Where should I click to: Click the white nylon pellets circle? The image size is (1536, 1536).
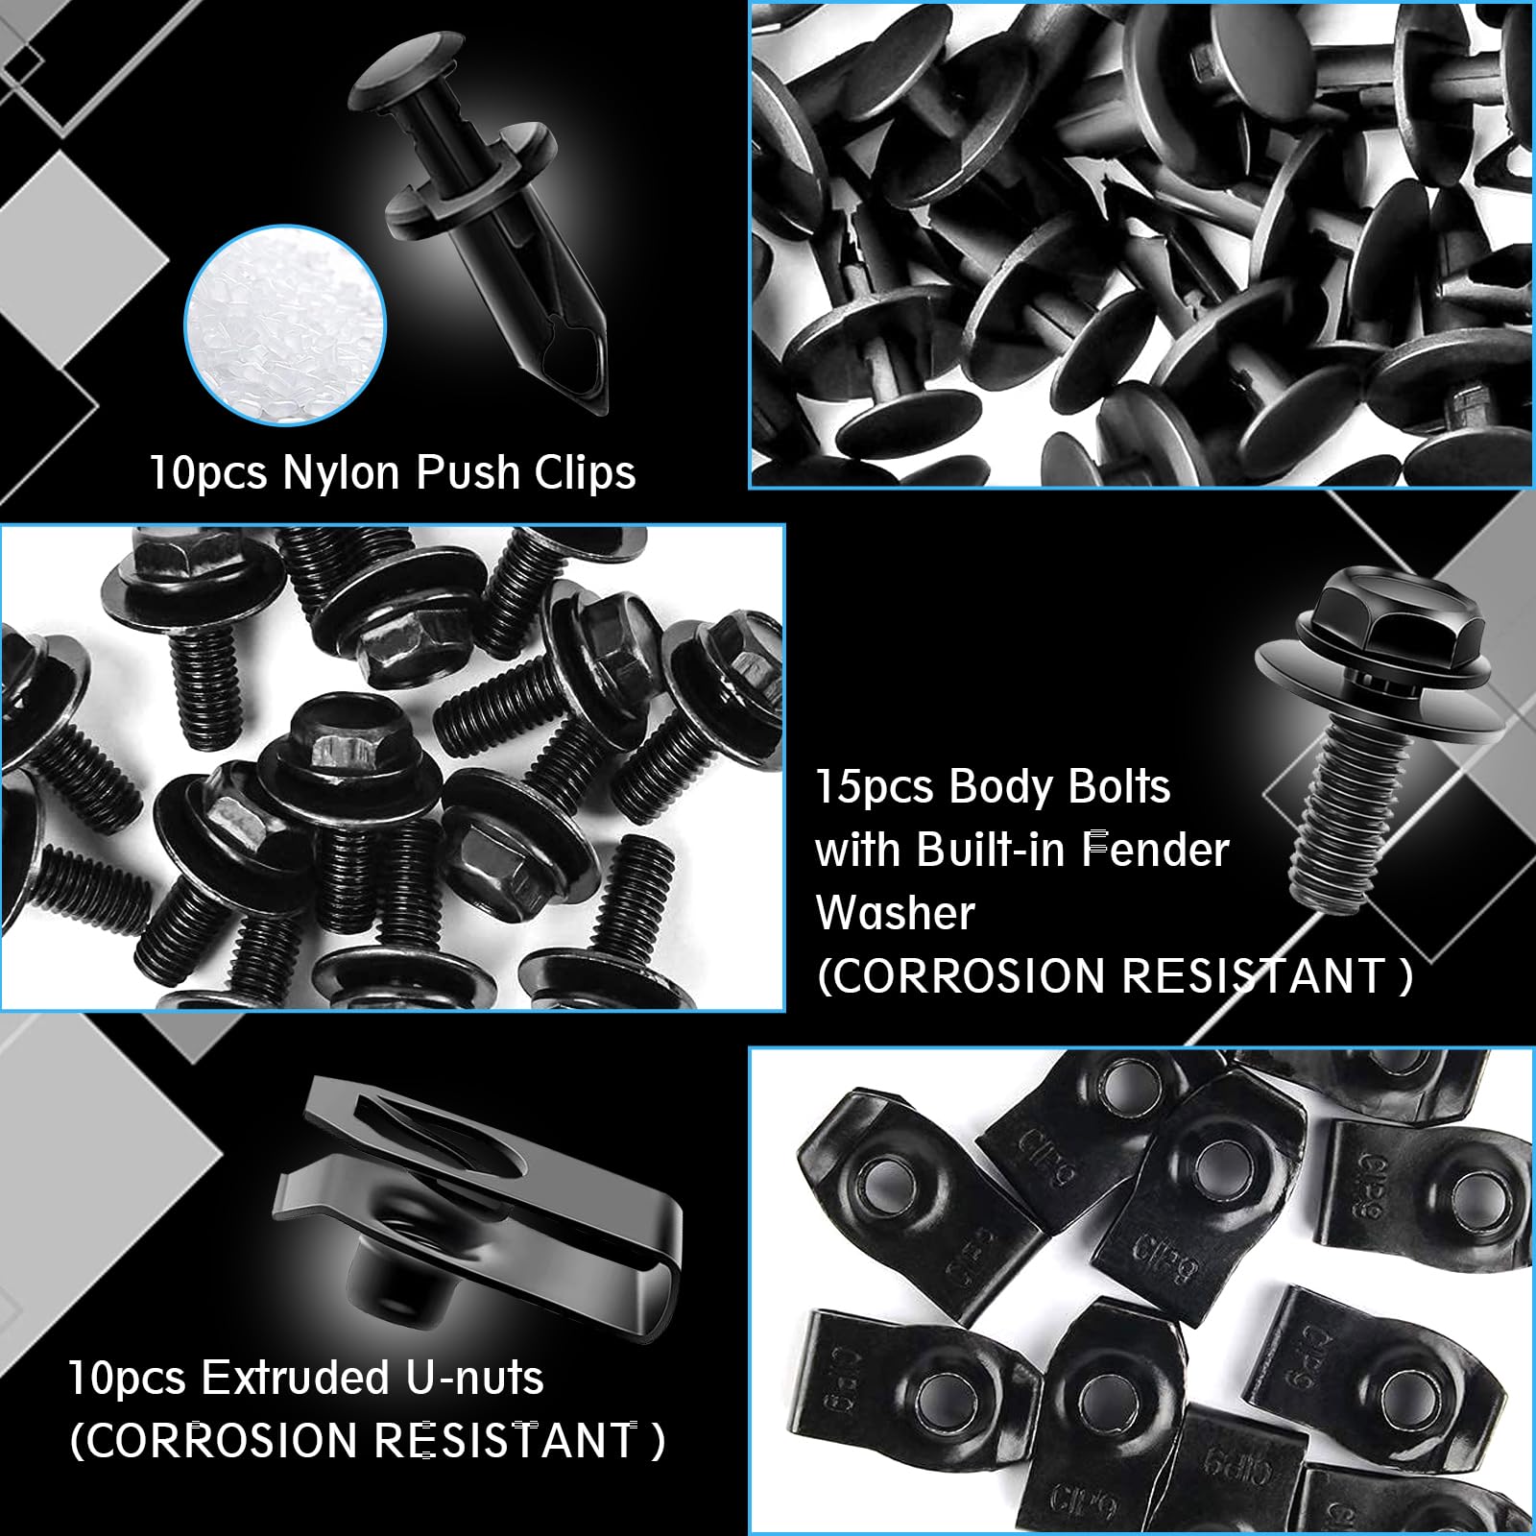285,325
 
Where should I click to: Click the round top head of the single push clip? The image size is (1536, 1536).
403,77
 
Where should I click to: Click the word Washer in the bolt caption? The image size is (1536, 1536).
895,912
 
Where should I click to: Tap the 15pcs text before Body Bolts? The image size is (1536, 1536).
875,787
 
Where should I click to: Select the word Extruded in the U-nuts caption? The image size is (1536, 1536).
296,1378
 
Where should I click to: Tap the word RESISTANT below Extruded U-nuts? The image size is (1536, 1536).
504,1440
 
